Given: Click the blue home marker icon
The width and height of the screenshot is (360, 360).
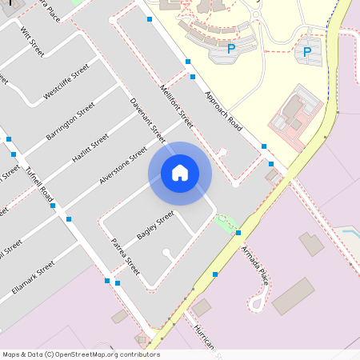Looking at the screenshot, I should tap(180, 173).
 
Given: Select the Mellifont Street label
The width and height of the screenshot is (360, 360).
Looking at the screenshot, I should tap(177, 108).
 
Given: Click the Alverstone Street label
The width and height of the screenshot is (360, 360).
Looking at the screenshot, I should tap(122, 166).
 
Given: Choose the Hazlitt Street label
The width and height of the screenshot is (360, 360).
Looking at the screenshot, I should tap(90, 148).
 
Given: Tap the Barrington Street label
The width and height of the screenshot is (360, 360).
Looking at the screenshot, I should tap(70, 122).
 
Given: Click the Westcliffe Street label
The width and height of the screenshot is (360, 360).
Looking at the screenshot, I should tap(66, 82).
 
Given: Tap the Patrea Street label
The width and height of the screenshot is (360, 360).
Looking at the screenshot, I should tap(126, 256).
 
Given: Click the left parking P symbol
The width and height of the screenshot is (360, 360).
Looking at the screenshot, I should tap(231, 49).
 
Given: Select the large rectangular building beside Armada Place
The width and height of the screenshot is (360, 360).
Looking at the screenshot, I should tap(294, 296).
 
